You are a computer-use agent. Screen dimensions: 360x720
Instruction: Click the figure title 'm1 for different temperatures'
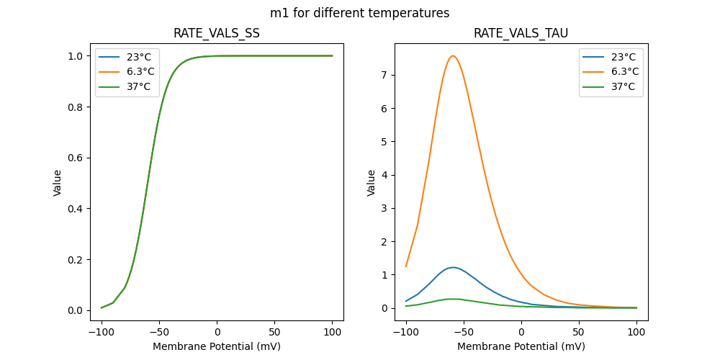point(360,13)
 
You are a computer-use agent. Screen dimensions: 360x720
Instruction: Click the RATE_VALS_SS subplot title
point(217,33)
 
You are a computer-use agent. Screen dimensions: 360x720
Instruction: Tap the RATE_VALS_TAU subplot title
point(521,33)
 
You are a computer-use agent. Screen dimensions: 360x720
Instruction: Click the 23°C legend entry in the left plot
point(134,56)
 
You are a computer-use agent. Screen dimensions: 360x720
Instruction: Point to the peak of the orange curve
point(452,56)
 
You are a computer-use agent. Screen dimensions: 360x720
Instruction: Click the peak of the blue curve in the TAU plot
point(452,267)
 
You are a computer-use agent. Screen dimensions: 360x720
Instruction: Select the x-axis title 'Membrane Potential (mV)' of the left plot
point(217,346)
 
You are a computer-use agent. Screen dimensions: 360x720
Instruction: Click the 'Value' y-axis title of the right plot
point(372,183)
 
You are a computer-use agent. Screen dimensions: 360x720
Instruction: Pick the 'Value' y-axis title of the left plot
point(58,183)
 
